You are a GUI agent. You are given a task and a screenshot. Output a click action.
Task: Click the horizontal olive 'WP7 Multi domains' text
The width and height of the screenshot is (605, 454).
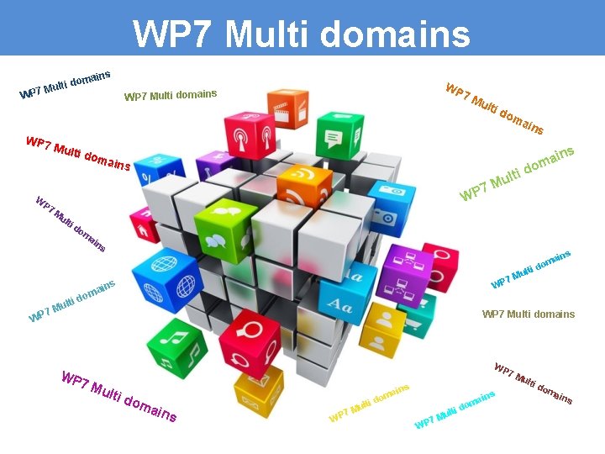click(x=171, y=95)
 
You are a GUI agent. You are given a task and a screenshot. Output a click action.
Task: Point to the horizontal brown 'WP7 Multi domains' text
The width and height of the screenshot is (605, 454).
click(x=528, y=314)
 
